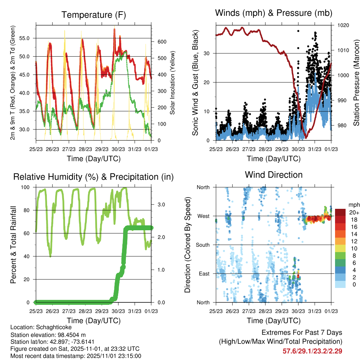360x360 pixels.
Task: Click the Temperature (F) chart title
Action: [94, 15]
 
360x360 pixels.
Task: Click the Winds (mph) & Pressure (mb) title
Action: [274, 13]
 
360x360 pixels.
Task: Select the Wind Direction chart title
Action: [274, 174]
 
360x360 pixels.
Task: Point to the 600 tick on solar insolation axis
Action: [161, 41]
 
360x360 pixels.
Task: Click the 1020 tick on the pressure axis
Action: [342, 25]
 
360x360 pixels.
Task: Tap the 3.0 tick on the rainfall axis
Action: [160, 204]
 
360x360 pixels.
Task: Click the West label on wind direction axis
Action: [203, 216]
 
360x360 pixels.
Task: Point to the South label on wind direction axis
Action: [202, 245]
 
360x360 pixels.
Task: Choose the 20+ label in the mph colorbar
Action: [354, 213]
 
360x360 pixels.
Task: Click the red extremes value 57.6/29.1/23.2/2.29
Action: [312, 351]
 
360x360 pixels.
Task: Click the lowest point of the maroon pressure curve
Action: [306, 138]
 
